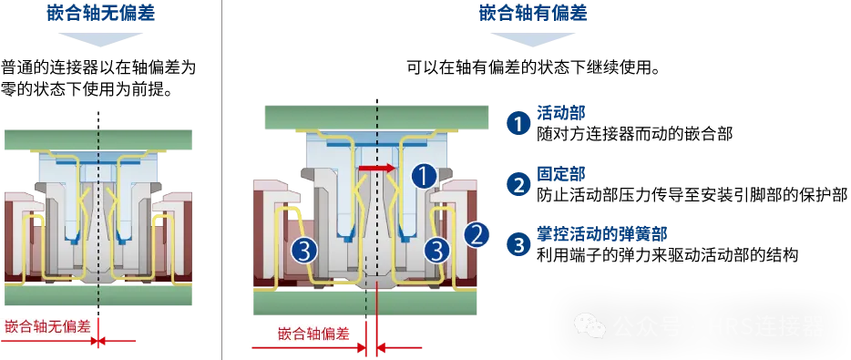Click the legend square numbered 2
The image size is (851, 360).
click(518, 185)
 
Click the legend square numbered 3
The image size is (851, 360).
click(518, 244)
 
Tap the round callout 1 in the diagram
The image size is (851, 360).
click(424, 176)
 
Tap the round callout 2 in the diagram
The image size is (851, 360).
click(477, 235)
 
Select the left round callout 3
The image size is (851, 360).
click(304, 249)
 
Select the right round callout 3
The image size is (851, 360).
click(438, 249)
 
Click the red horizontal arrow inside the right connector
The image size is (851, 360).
click(374, 169)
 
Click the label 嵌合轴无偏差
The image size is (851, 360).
click(47, 326)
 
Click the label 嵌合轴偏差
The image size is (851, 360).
click(313, 333)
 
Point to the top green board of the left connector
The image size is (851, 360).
click(99, 140)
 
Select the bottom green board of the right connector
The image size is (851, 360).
click(364, 304)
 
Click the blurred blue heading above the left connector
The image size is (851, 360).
click(98, 12)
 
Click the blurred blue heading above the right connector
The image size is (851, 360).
click(532, 12)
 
